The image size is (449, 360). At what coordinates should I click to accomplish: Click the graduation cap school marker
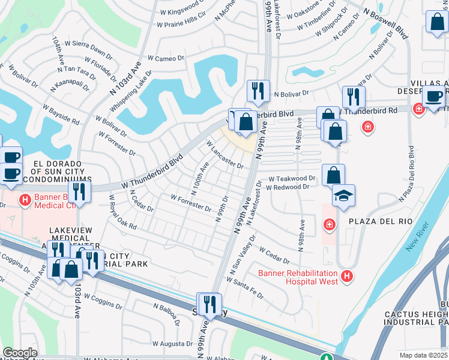pos(343,196)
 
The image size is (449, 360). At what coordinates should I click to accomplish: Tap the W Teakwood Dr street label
pos(291,179)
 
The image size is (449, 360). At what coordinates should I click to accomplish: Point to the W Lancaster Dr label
pos(224,155)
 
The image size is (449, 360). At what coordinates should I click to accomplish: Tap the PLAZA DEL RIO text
pos(384,221)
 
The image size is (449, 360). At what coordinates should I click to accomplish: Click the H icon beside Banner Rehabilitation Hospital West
pos(346,275)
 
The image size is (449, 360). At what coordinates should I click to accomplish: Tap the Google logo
pos(20,353)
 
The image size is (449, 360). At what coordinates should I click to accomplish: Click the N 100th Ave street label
pos(199,179)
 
